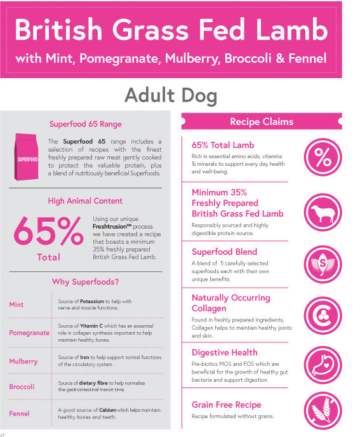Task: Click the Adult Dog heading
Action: click(x=170, y=96)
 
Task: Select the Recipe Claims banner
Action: click(x=262, y=121)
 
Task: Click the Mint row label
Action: click(x=17, y=305)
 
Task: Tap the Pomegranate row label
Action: click(x=29, y=333)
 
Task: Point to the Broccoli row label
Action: click(x=22, y=387)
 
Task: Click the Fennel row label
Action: click(x=19, y=413)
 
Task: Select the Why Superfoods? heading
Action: click(x=85, y=281)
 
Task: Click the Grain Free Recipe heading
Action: click(x=226, y=405)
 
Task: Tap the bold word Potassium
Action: click(x=95, y=301)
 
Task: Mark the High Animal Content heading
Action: click(x=85, y=201)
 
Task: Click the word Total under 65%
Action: click(x=49, y=257)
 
